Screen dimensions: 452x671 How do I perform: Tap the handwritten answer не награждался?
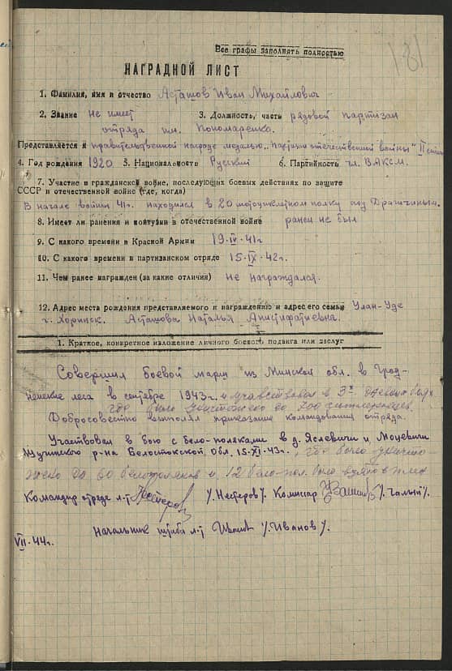pos(260,276)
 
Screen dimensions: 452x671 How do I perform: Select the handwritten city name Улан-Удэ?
pos(379,307)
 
